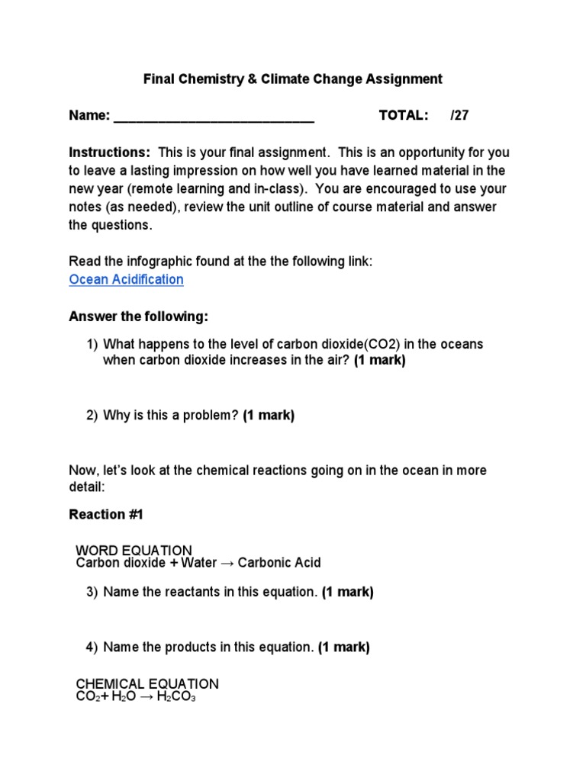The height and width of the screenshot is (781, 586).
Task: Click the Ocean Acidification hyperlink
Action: [x=126, y=279]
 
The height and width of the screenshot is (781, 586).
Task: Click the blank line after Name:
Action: [x=214, y=117]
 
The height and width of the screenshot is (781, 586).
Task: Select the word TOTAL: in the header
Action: [x=404, y=115]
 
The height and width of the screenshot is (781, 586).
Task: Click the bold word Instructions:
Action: [x=110, y=152]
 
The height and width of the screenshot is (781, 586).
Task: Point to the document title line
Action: [x=294, y=79]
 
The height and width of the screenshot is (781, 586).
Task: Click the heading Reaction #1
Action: [x=106, y=515]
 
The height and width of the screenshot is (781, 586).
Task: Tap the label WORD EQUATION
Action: [x=134, y=550]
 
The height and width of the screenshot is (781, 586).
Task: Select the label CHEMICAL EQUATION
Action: [x=147, y=683]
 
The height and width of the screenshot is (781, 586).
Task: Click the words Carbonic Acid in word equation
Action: [x=279, y=563]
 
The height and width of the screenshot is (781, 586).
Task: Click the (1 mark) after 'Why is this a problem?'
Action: [x=269, y=415]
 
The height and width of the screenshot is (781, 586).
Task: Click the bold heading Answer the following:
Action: [x=138, y=316]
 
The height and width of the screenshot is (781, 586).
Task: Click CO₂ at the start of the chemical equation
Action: [x=86, y=696]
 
